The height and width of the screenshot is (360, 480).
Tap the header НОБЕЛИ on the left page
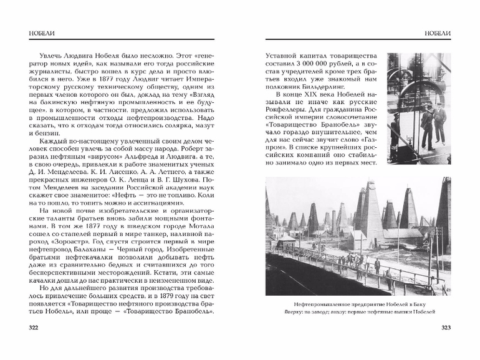point(37,32)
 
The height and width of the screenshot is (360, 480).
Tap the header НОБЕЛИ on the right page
point(437,32)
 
